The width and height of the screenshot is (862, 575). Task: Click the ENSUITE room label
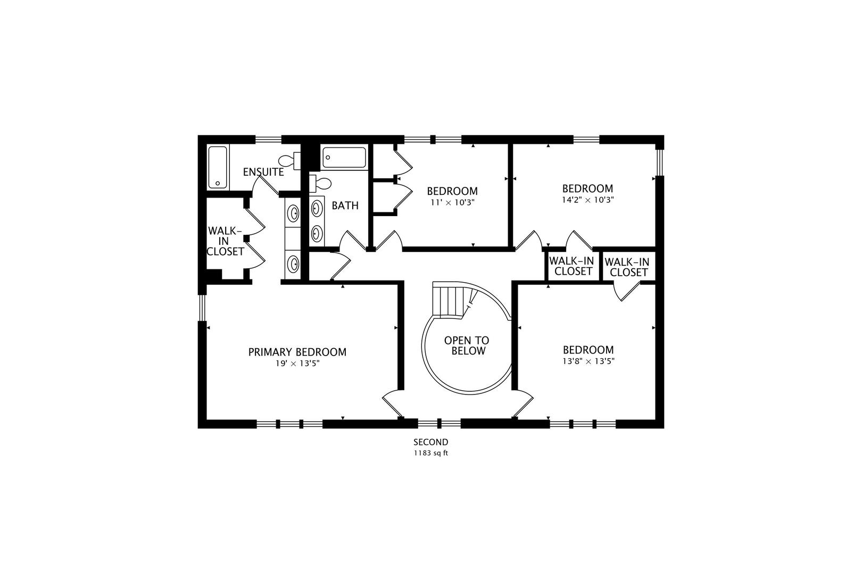pos(263,172)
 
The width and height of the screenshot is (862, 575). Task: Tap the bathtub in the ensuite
pos(218,167)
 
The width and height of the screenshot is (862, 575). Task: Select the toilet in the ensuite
pos(289,161)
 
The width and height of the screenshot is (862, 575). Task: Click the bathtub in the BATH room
pos(344,158)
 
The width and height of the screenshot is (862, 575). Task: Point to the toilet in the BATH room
pos(320,183)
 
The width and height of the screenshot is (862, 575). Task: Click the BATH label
pos(345,206)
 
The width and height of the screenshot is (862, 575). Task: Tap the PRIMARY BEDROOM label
pos(297,352)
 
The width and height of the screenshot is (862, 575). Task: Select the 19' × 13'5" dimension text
pos(297,363)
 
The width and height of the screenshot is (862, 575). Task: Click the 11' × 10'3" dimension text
pos(452,202)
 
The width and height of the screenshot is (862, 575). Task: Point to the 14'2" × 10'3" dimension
pos(587,200)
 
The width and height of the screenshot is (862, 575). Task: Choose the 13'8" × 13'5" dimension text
pos(589,362)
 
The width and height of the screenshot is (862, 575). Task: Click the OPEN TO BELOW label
pos(467,346)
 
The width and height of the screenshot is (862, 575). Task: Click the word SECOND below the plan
pos(431,442)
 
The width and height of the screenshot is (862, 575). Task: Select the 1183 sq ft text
pos(431,453)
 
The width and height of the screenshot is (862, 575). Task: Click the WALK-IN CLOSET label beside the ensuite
pos(225,241)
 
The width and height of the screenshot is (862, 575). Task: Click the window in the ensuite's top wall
pos(269,139)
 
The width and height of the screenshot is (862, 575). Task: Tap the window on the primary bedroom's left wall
pos(202,308)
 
